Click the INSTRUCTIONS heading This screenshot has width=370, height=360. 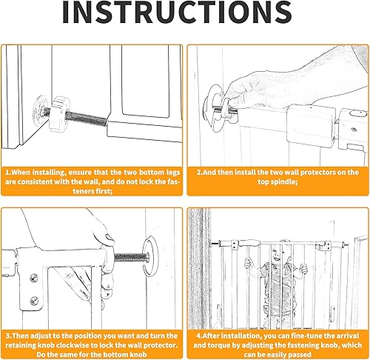click(177, 12)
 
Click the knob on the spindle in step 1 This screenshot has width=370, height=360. click(58, 114)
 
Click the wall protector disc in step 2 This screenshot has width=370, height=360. click(213, 109)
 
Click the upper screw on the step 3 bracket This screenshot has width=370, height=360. click(34, 278)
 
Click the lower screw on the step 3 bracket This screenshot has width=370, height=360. click(34, 301)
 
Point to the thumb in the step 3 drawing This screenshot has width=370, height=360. click(108, 239)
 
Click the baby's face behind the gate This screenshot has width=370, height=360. click(280, 253)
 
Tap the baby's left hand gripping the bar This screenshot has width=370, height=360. click(249, 263)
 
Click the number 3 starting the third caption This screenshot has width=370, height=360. click(8, 336)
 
